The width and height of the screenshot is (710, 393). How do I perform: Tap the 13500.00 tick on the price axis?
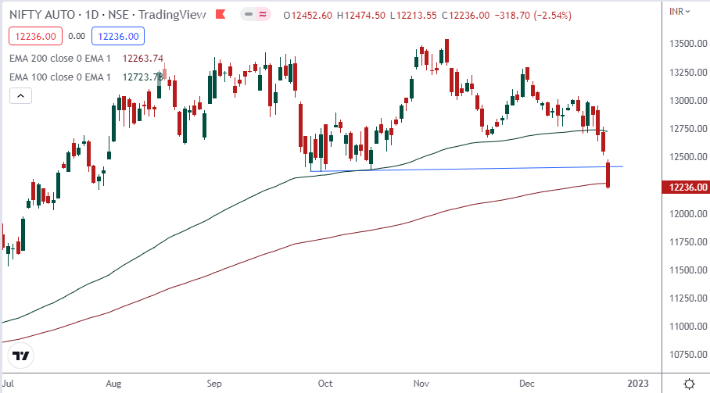pyautogui.click(x=689, y=44)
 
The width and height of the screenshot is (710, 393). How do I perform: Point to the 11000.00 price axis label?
pyautogui.click(x=689, y=327)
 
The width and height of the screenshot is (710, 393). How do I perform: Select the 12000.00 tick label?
pyautogui.click(x=689, y=213)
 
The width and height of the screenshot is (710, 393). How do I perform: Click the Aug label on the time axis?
pyautogui.click(x=113, y=384)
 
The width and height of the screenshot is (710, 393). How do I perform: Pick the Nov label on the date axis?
pyautogui.click(x=421, y=384)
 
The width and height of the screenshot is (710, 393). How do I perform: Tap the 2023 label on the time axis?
pyautogui.click(x=637, y=384)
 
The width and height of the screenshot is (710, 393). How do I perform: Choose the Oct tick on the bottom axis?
pyautogui.click(x=325, y=384)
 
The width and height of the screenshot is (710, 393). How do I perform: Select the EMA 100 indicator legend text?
pyautogui.click(x=59, y=77)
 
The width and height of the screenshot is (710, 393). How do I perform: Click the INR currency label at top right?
pyautogui.click(x=679, y=10)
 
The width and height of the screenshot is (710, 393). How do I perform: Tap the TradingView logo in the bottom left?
pyautogui.click(x=21, y=355)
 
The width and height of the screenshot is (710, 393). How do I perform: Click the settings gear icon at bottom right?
pyautogui.click(x=689, y=384)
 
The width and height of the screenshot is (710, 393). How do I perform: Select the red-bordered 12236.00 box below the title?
pyautogui.click(x=33, y=35)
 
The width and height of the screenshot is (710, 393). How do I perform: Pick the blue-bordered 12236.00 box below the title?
pyautogui.click(x=116, y=35)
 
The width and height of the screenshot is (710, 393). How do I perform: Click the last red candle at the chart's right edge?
pyautogui.click(x=608, y=174)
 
